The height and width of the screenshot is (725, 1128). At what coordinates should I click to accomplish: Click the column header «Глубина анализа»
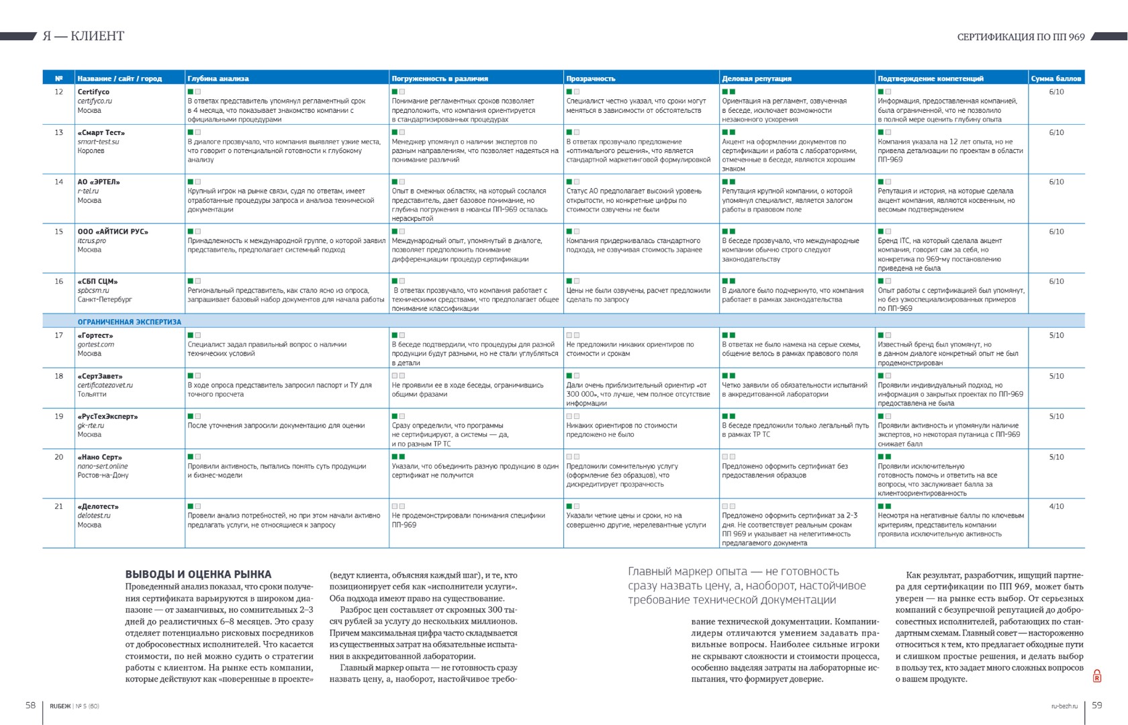(218, 79)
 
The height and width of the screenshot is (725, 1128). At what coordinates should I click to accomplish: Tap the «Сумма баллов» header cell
(1055, 79)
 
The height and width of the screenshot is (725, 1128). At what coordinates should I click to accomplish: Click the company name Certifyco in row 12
(93, 92)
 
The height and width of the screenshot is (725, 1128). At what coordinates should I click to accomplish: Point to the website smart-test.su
(98, 142)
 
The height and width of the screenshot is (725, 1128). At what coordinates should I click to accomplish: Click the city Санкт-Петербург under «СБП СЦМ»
(105, 299)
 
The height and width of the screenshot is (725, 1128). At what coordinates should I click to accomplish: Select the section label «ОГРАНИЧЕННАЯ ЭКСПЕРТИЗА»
(129, 322)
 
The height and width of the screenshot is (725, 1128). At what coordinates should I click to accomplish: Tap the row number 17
(59, 335)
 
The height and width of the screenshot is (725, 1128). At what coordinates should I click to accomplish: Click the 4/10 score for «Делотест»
(1056, 507)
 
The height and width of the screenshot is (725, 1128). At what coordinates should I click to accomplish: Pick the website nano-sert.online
(102, 466)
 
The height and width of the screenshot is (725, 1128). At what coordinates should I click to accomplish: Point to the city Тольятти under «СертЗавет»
(92, 394)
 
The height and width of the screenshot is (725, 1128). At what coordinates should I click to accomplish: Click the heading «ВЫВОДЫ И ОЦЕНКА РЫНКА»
(198, 575)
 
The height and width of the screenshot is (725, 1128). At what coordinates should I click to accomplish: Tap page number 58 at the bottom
(31, 705)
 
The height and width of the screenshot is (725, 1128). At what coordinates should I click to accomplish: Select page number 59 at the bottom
(1097, 705)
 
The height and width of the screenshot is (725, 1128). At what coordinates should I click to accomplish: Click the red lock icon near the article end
(1097, 676)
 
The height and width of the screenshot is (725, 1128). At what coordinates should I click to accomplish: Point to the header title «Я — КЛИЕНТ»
(83, 36)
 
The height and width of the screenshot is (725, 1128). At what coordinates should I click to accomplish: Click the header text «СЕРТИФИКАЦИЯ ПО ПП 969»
(1021, 37)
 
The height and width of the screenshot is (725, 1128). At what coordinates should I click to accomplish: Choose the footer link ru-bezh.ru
(1064, 706)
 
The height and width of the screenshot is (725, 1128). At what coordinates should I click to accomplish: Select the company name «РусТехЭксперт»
(107, 417)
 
